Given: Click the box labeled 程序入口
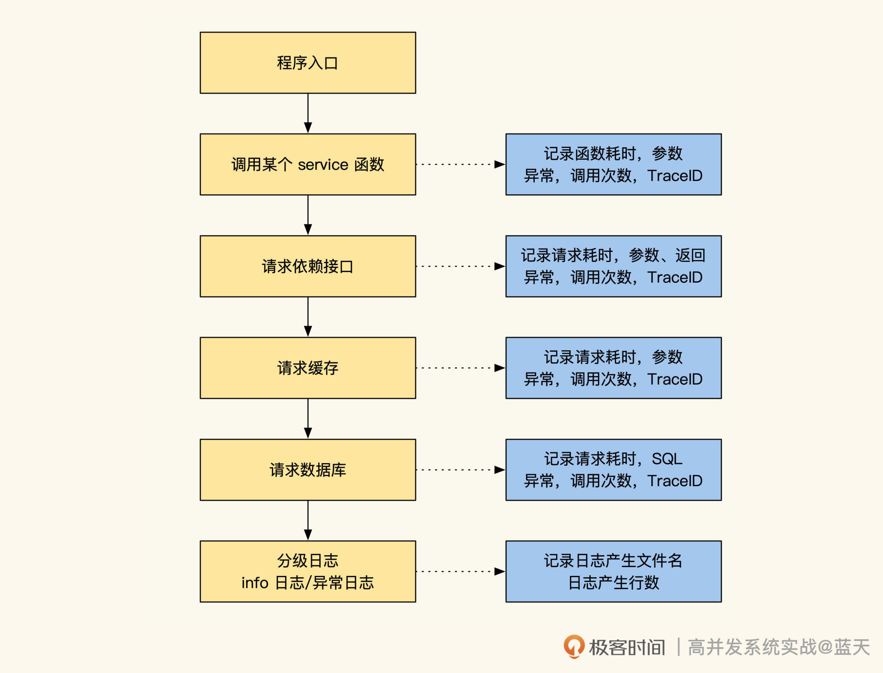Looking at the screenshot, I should [308, 63].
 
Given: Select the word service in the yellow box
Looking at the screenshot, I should [323, 164].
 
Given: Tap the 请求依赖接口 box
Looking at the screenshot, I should [308, 266].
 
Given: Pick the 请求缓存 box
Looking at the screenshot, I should [308, 368].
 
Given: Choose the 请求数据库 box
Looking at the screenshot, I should [308, 470].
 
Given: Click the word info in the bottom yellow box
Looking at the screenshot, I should [255, 583].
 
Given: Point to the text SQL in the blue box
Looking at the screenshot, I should [667, 459].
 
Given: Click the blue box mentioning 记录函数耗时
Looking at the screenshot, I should [614, 164].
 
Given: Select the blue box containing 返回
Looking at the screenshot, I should [614, 266].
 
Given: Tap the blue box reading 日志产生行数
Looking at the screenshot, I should [614, 571].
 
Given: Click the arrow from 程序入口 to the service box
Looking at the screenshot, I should [308, 113].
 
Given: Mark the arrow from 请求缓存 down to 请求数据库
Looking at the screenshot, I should [308, 418].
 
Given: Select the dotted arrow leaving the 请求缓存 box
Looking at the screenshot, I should [460, 368].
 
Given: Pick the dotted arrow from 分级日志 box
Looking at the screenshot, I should [460, 571].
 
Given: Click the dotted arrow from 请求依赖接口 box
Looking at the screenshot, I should [460, 266].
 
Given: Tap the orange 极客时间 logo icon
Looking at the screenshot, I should [574, 646].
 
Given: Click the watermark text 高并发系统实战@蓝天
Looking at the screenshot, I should [779, 647].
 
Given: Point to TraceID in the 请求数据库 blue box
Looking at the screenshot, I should [675, 481].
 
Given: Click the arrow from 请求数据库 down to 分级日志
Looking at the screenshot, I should [308, 520].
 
